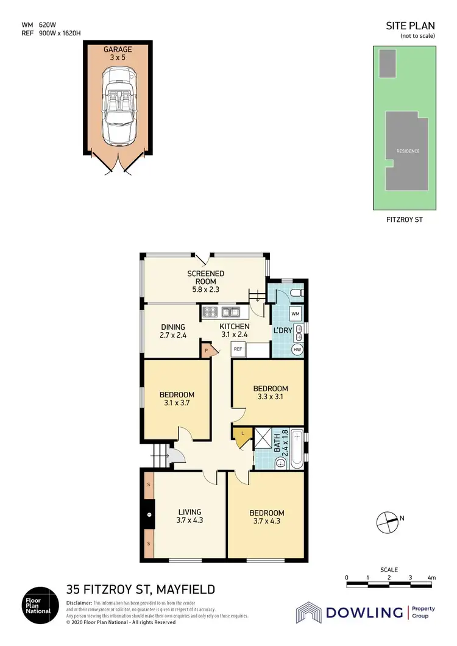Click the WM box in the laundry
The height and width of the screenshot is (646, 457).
[296, 313]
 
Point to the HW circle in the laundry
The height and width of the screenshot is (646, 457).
[297, 350]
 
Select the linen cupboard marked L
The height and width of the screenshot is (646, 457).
[243, 434]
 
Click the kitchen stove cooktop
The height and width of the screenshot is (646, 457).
[210, 313]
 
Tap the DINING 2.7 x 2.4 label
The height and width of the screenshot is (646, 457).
[172, 331]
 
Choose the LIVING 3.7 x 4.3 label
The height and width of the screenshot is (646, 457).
[190, 516]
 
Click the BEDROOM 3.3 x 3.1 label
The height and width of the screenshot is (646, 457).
[271, 392]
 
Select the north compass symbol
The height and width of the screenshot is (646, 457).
[386, 520]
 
